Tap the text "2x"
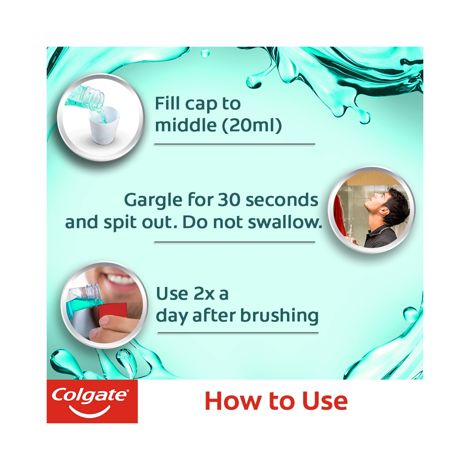coord(204,294)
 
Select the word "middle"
coord(186,125)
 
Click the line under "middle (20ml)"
coord(234,144)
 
